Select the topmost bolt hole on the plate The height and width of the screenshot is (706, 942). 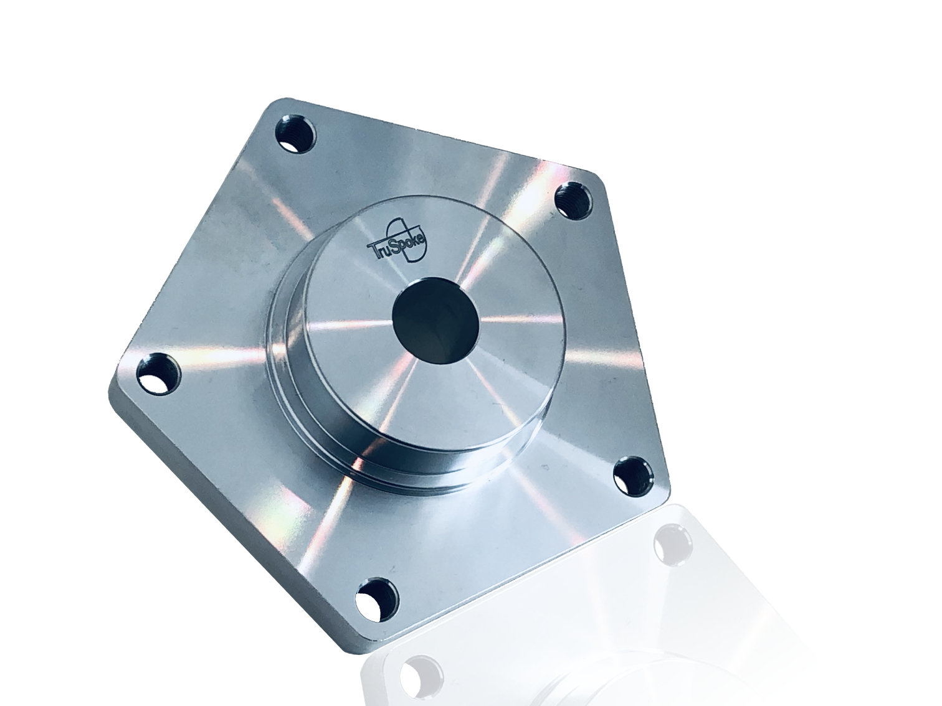295,134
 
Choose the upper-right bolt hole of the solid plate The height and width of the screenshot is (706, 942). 574,200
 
